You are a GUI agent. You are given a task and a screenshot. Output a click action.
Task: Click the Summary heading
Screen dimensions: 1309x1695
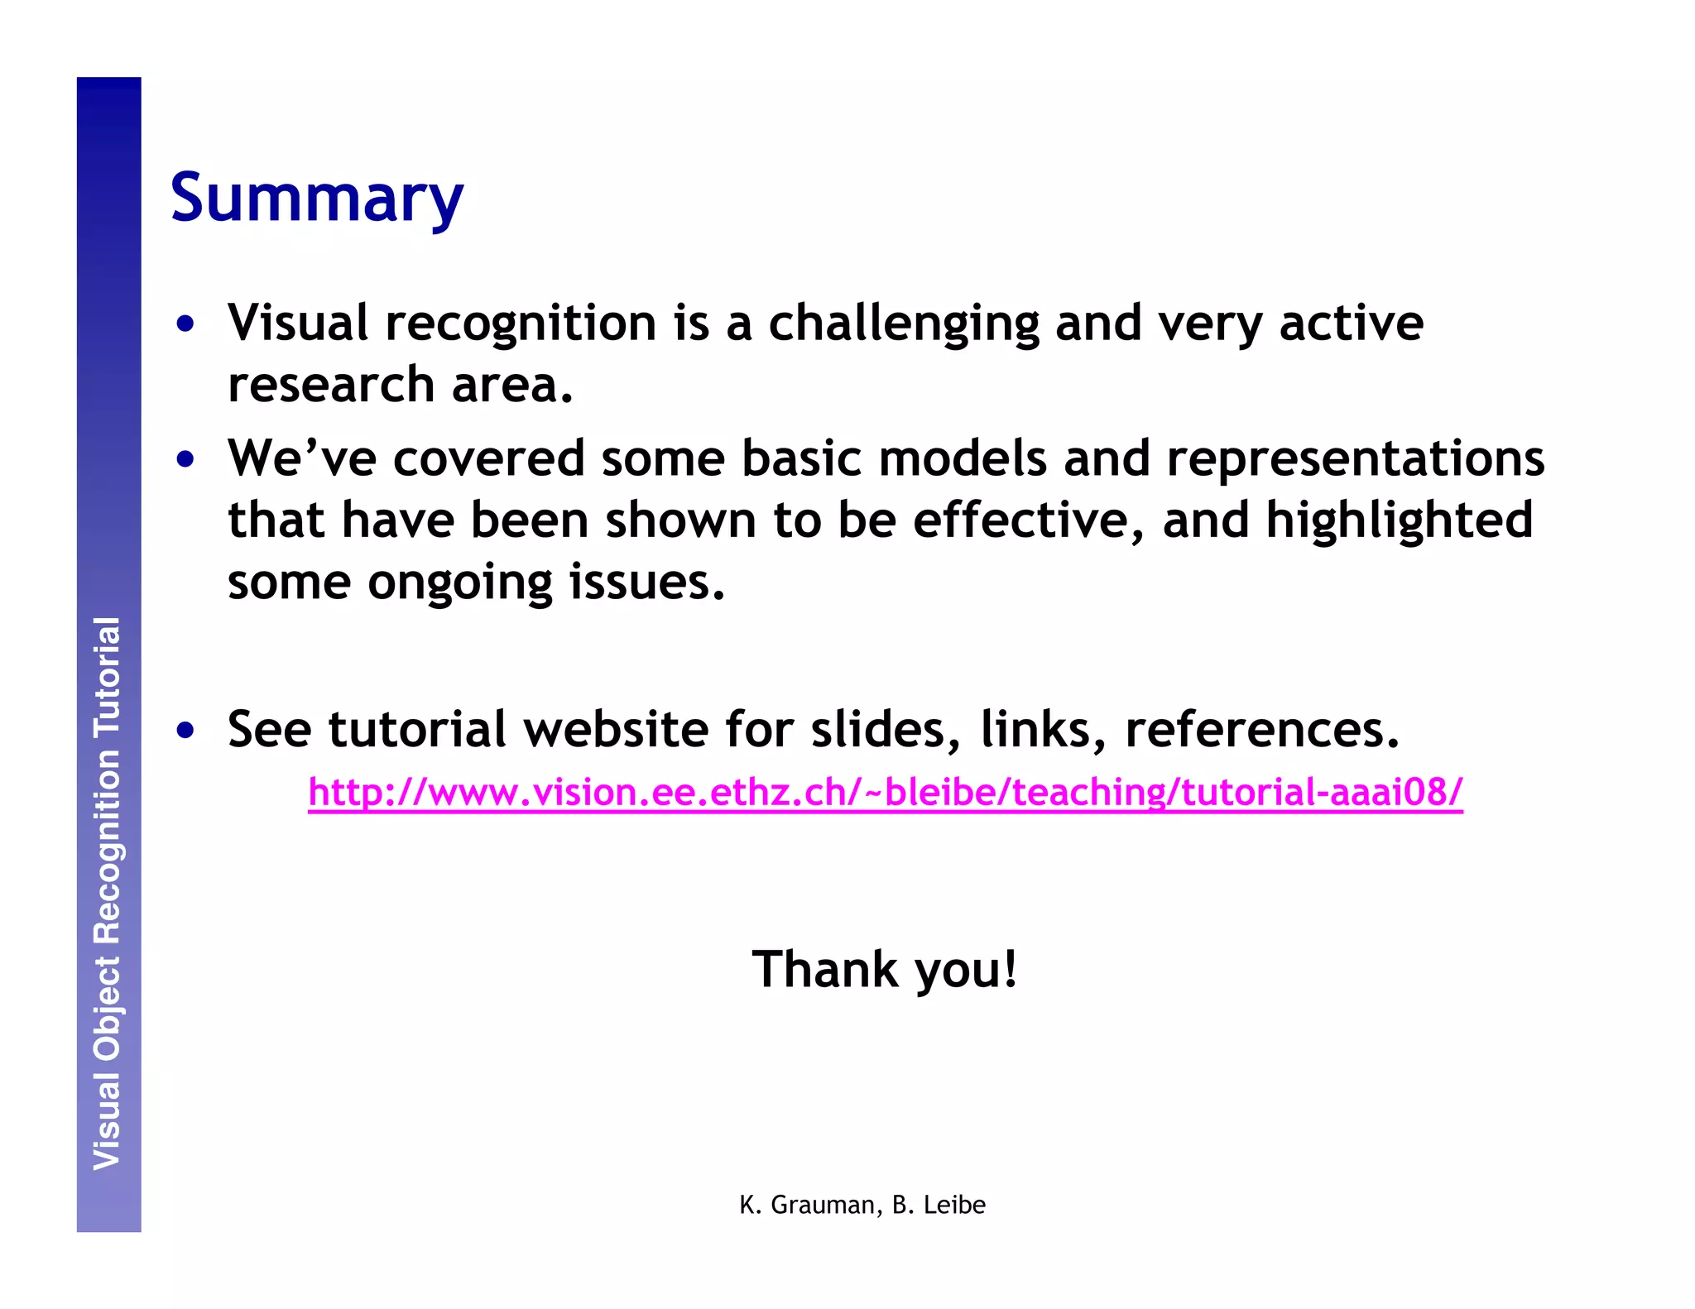316,199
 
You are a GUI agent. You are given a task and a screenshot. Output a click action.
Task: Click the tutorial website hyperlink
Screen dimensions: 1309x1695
885,793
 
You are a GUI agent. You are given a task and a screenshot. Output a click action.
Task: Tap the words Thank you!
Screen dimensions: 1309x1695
884,969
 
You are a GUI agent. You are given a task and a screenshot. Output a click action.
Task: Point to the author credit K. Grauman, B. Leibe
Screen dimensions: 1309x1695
862,1205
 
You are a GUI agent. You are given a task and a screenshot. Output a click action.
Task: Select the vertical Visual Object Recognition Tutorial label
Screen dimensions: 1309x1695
108,894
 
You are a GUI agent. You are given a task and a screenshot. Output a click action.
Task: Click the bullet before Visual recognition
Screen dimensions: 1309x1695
185,324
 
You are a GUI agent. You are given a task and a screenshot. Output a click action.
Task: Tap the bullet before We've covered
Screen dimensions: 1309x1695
185,459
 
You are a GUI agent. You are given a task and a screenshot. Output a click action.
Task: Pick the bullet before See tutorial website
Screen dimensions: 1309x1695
185,731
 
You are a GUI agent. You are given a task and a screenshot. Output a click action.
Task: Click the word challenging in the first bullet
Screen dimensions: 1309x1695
903,324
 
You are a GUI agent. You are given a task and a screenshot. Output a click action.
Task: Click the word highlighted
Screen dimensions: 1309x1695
1399,522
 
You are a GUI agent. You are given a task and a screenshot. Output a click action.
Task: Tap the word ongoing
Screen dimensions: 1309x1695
459,583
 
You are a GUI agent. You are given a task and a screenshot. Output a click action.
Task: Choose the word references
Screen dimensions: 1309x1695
1261,730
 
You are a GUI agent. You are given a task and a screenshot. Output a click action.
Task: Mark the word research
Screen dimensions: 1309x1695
331,386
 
